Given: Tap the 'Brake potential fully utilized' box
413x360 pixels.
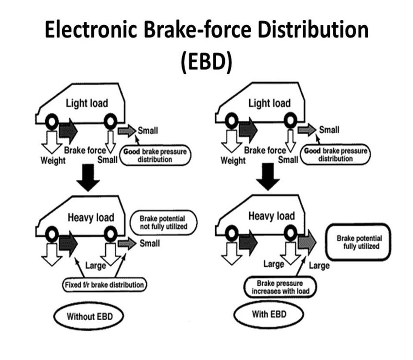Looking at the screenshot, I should click(x=359, y=242).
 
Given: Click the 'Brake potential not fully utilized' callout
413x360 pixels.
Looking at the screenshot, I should click(x=160, y=222).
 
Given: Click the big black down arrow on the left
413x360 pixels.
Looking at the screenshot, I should click(x=87, y=180).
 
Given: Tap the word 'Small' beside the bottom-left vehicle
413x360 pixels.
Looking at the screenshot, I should click(x=149, y=243).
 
